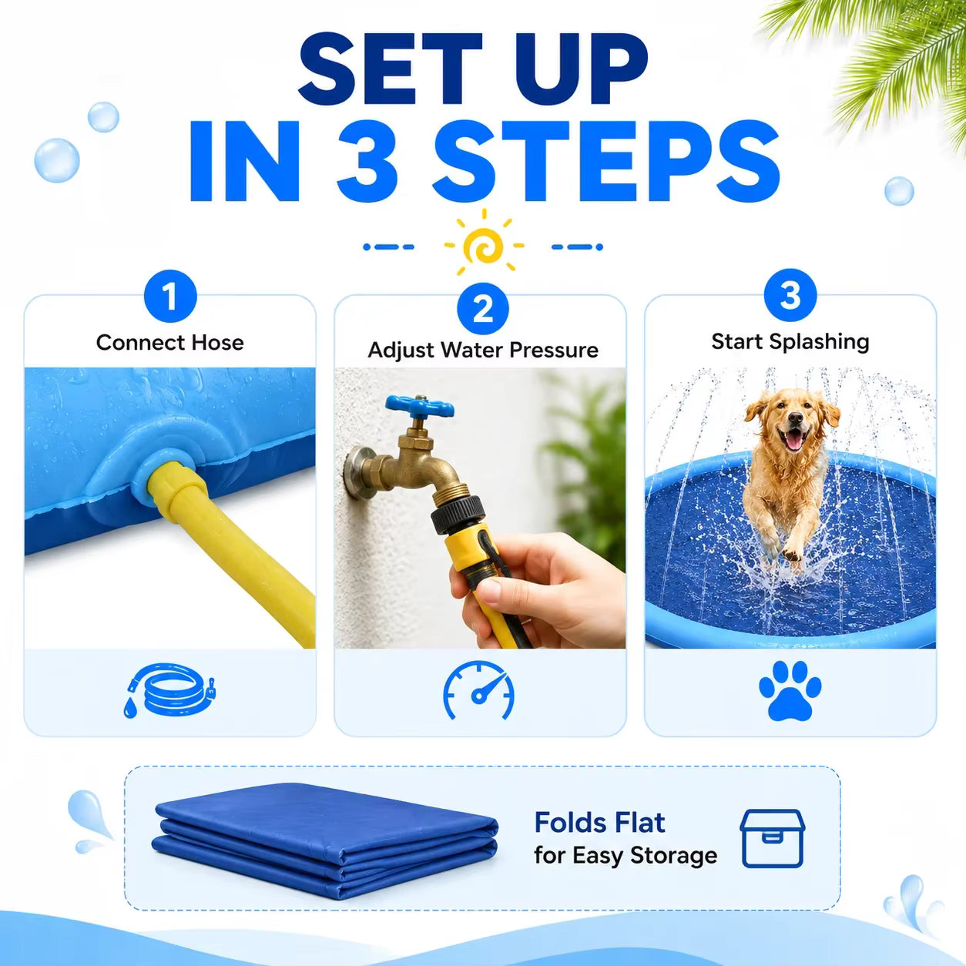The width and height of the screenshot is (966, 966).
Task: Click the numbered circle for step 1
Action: point(170,296)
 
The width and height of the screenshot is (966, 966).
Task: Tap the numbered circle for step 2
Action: point(483,309)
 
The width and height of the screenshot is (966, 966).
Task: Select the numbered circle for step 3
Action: point(790,295)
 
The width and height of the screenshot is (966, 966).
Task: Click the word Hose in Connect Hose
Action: point(217,343)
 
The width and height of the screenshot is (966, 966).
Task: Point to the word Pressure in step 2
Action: point(553,350)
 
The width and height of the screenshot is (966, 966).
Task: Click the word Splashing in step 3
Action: point(819,342)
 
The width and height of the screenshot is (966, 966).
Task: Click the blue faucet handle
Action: point(419,406)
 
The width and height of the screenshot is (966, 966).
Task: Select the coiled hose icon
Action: point(169,691)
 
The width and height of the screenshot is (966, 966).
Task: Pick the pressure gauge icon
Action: point(478,689)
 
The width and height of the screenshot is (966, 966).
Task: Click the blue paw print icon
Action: point(790,691)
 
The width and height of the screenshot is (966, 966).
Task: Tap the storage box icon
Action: point(773,837)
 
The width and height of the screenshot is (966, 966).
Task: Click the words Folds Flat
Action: point(599,823)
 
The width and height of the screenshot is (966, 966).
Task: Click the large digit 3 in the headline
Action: point(368,161)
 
